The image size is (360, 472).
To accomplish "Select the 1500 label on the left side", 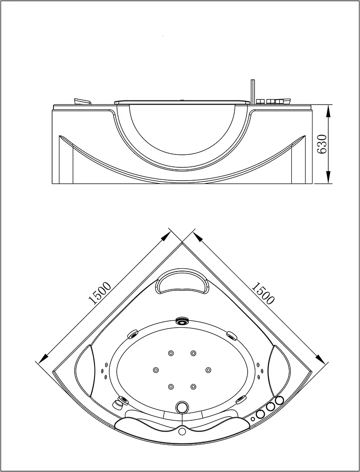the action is point(100,293).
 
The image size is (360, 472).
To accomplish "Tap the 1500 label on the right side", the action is point(262,293).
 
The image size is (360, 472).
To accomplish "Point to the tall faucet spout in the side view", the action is point(253,92).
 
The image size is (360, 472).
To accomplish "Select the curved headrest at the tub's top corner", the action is point(182,281).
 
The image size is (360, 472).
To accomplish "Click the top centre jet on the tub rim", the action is point(182,321).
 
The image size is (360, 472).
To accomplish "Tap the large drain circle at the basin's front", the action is point(182,407).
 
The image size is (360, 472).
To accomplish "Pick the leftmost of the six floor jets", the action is point(156,370).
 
